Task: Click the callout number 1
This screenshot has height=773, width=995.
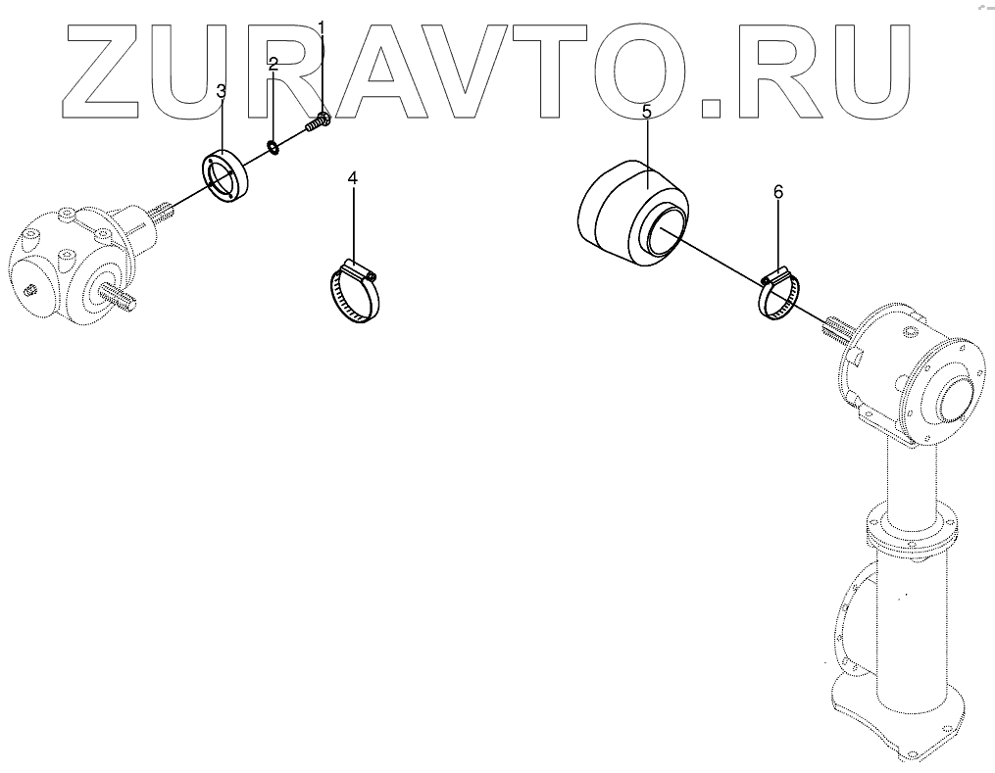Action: pos(323,27)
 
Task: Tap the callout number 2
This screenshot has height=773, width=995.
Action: pos(274,66)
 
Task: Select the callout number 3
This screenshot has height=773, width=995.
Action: pos(222,91)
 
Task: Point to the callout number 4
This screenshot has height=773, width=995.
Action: pos(353,178)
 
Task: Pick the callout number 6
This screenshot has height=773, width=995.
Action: pos(778,193)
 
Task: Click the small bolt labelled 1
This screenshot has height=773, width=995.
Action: pos(317,124)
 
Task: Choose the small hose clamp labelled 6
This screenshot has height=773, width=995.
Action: pos(779,294)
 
